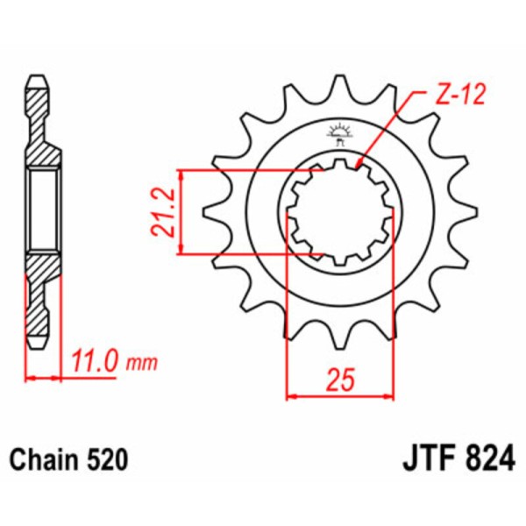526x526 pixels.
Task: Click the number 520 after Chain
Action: (109, 458)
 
